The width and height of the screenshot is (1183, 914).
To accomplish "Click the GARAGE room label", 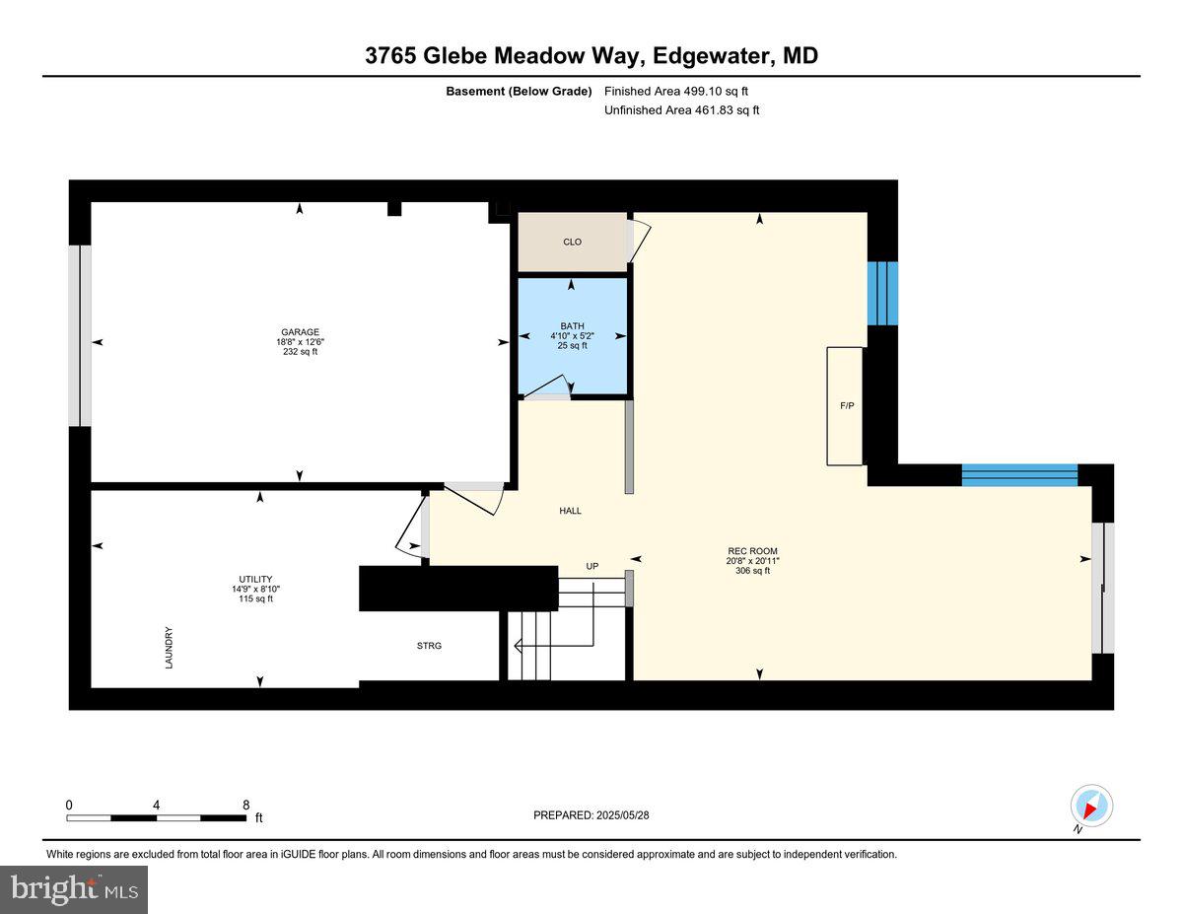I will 300,332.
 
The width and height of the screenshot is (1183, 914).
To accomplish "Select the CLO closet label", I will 572,242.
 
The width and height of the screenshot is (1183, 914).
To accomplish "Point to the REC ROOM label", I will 758,551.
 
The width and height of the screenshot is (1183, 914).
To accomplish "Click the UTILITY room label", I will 255,579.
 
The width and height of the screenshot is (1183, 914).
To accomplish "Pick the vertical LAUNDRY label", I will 169,648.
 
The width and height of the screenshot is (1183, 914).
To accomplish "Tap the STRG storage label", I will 429,646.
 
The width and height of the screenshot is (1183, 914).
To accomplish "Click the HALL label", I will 570,511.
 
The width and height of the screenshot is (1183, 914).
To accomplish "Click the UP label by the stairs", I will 592,566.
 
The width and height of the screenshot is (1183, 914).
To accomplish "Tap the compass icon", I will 1090,807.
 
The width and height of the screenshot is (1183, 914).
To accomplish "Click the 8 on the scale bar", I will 245,805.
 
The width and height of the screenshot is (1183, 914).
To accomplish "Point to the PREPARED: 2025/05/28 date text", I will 592,815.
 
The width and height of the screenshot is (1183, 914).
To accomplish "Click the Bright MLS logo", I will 74,889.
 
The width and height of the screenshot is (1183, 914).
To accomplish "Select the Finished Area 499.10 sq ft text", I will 682,91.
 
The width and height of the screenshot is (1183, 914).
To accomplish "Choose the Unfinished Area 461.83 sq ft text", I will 682,110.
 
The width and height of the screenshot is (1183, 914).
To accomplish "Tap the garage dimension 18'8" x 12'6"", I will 300,342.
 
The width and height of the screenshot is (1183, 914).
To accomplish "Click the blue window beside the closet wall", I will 882,293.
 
